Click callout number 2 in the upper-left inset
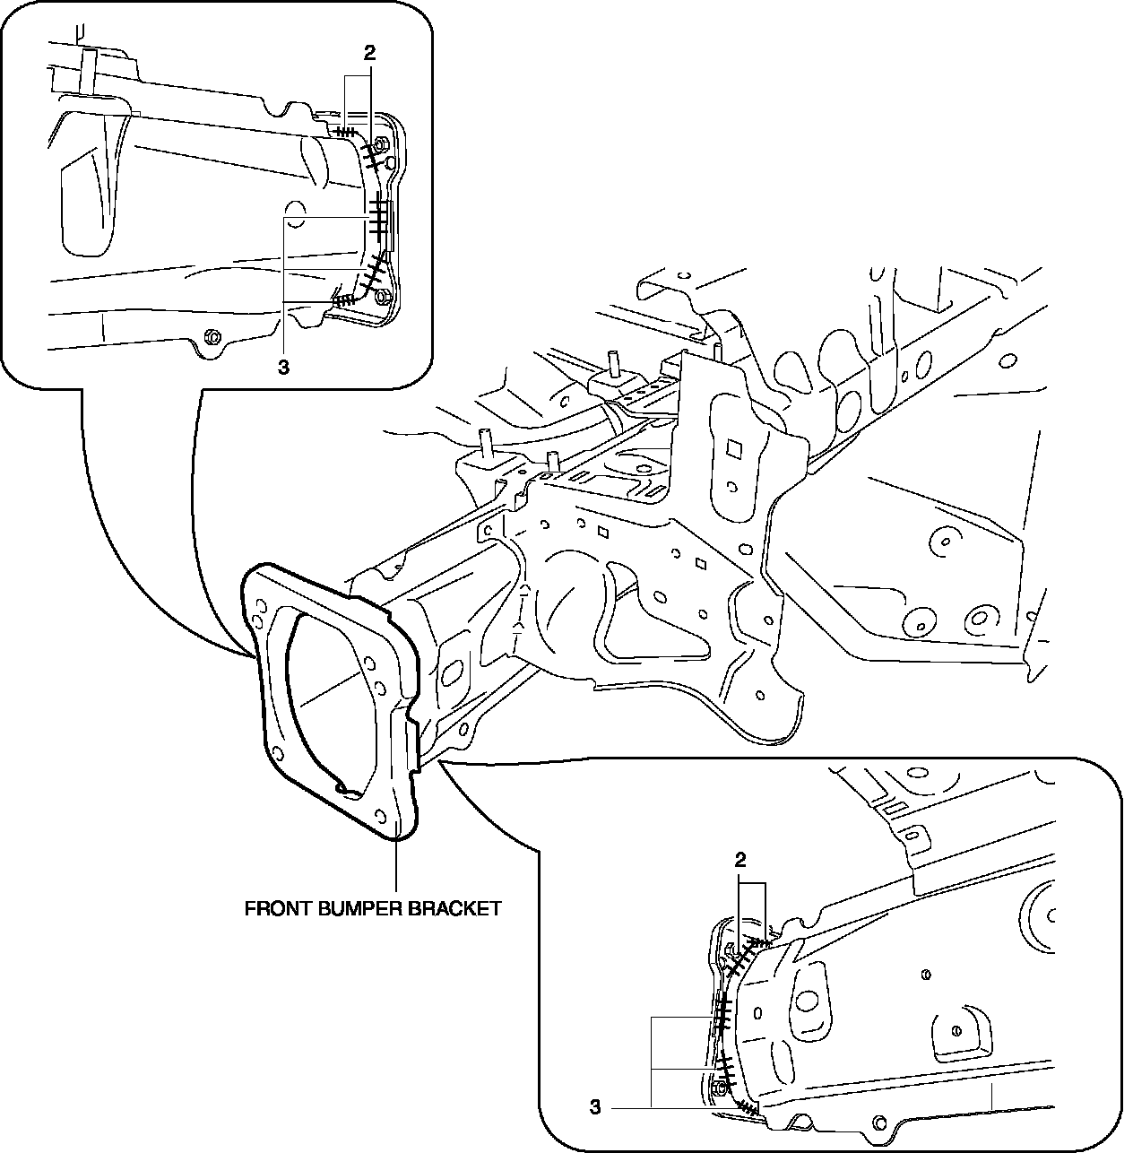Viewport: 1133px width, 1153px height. pyautogui.click(x=369, y=53)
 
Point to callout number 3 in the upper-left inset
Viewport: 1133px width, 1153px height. pyautogui.click(x=282, y=367)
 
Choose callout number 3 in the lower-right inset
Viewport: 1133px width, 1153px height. pyautogui.click(x=594, y=1109)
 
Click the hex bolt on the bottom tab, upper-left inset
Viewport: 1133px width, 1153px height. pyautogui.click(x=213, y=337)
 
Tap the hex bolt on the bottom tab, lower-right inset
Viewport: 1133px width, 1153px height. pyautogui.click(x=878, y=1122)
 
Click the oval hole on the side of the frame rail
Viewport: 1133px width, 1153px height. pyautogui.click(x=451, y=672)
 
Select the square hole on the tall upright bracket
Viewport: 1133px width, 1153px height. pyautogui.click(x=733, y=446)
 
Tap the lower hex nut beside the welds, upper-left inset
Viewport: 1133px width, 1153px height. pyautogui.click(x=383, y=295)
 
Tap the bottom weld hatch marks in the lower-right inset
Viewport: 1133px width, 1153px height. pyautogui.click(x=746, y=1108)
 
